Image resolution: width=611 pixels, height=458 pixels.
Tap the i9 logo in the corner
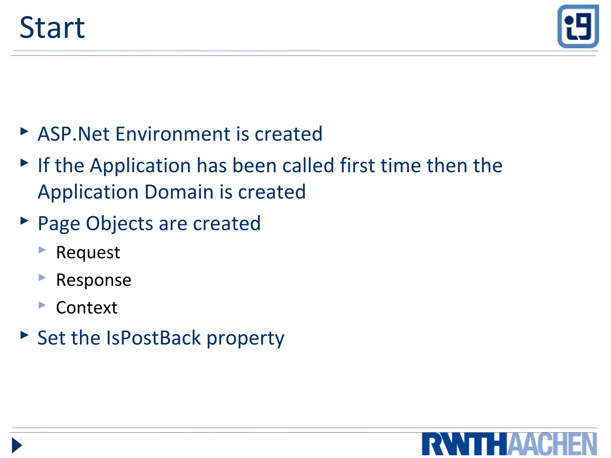(578, 26)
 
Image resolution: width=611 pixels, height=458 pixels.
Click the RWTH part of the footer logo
(464, 444)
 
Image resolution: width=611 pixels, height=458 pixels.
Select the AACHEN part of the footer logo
(552, 444)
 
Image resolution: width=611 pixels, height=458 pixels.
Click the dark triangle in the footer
(17, 445)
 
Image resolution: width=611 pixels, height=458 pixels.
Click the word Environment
(173, 134)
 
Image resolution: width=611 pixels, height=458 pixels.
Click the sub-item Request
(88, 252)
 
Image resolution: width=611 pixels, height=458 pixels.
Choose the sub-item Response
(94, 280)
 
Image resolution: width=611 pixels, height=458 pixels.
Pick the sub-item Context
(87, 307)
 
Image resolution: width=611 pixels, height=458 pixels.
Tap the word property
(245, 338)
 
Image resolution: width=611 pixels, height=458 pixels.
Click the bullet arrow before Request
(42, 250)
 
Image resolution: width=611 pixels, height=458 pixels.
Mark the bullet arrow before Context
(42, 305)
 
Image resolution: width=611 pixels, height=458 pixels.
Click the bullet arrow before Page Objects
(24, 221)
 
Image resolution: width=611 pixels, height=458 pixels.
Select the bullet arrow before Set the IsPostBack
(24, 335)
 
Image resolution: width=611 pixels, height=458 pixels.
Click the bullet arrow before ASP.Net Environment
(24, 131)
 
